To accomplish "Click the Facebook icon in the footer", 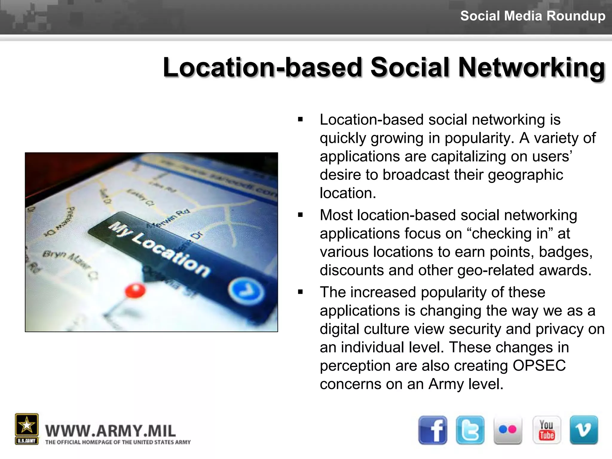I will [x=433, y=430].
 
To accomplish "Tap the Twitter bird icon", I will [x=470, y=430].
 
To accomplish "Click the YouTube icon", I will [x=547, y=430].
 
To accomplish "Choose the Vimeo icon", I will [x=584, y=430].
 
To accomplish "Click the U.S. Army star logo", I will [x=27, y=426].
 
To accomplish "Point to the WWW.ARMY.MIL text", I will [x=111, y=431].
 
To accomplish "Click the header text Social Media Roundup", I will [x=533, y=16].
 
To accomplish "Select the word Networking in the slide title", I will [x=531, y=68].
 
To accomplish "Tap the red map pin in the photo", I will [x=135, y=291].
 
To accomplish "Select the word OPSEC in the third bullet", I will [x=539, y=365].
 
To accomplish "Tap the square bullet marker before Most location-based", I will [x=300, y=215].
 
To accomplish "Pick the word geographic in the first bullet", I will [x=525, y=175].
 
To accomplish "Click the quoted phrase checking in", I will [x=510, y=233].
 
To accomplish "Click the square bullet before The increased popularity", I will [x=300, y=292].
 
